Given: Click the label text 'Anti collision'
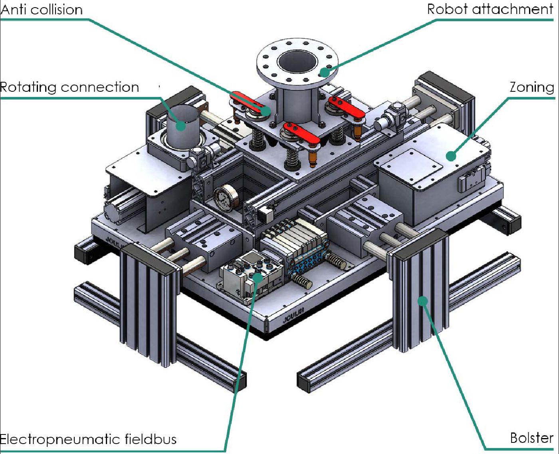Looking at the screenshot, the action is click(42, 10).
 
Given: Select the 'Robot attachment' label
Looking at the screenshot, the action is click(490, 10).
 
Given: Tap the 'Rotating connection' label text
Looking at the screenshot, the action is click(69, 87).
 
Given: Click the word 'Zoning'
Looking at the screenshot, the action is click(532, 87).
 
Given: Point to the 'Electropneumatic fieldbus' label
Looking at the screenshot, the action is click(88, 439).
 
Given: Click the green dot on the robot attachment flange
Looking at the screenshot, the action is click(325, 72).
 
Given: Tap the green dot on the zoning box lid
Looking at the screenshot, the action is click(451, 156).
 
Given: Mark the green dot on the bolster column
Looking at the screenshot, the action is click(422, 301).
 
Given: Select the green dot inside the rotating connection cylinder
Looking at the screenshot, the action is click(180, 126).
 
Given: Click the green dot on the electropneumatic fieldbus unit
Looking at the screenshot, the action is click(258, 277).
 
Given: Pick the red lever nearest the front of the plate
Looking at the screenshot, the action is click(301, 133).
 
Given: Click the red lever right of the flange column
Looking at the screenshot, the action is click(347, 107).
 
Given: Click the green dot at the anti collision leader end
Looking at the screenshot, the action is click(266, 111).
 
